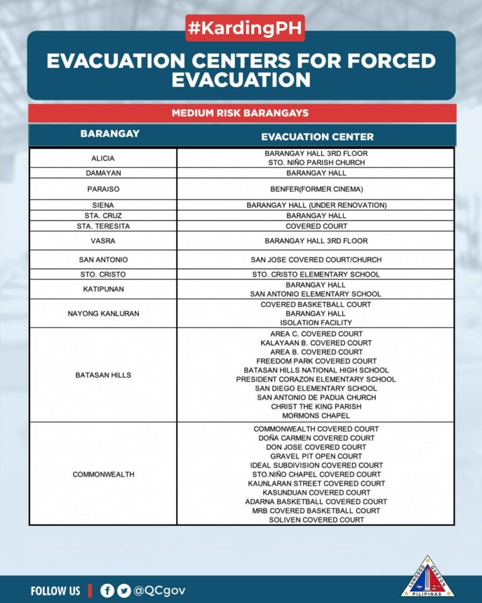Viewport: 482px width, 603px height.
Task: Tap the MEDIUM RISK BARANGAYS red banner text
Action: [x=240, y=113]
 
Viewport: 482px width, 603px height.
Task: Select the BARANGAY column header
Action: [x=110, y=134]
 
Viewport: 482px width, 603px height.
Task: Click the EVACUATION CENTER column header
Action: [x=317, y=137]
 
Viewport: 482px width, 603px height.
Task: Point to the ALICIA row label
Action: [x=103, y=158]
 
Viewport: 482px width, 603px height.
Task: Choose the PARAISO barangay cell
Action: [x=103, y=190]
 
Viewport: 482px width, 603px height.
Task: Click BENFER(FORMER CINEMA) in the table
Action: [x=316, y=190]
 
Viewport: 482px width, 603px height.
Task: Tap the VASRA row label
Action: [x=103, y=241]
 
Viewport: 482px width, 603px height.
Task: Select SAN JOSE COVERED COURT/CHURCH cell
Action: [x=316, y=260]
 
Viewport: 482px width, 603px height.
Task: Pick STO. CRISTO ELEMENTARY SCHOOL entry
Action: [x=316, y=274]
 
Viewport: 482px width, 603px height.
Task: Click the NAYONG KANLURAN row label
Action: [x=103, y=314]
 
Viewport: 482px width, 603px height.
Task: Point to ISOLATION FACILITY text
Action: [x=316, y=323]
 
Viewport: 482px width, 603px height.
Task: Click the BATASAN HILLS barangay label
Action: [x=103, y=375]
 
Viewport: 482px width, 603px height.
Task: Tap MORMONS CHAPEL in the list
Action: [x=316, y=416]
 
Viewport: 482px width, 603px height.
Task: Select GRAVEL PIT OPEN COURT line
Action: [x=316, y=456]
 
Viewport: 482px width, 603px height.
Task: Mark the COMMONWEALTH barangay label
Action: [x=103, y=475]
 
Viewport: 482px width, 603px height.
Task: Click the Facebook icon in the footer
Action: [x=107, y=591]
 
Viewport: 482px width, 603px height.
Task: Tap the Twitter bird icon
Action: [x=124, y=591]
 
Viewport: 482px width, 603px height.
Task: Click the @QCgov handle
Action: [x=160, y=591]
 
